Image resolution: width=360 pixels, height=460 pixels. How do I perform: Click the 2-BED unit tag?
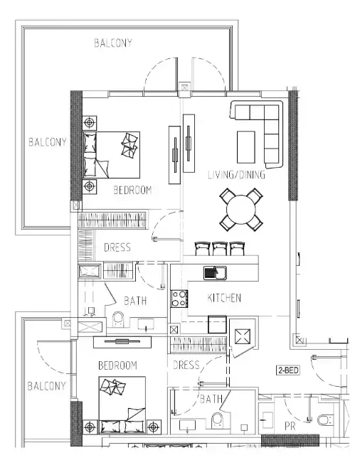(x=288, y=370)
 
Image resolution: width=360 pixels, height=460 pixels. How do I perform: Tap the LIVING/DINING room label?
(x=236, y=175)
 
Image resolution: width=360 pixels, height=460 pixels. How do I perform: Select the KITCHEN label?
(x=224, y=298)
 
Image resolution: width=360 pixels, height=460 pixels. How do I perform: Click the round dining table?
(x=240, y=210)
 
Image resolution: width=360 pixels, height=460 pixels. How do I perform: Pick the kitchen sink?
(x=215, y=272)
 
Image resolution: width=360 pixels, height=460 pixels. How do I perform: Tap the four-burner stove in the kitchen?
(x=179, y=299)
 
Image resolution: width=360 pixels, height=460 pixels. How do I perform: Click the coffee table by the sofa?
(x=245, y=147)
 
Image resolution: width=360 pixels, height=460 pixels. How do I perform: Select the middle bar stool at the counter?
(x=220, y=249)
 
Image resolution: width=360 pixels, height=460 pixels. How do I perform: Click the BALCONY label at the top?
(x=113, y=43)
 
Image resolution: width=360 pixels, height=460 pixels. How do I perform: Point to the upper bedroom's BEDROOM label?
(x=132, y=190)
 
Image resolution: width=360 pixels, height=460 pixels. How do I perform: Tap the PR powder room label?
(x=290, y=427)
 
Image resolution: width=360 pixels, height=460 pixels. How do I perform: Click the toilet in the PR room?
(x=325, y=420)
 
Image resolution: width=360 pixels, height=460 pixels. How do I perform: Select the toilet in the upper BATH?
(x=118, y=319)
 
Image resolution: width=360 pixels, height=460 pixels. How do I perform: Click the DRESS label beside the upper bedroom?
(x=117, y=247)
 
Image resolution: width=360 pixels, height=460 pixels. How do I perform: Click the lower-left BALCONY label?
(x=46, y=386)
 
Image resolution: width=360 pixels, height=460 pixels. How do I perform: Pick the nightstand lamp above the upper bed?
(x=90, y=122)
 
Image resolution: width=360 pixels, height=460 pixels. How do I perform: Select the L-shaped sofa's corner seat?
(x=271, y=112)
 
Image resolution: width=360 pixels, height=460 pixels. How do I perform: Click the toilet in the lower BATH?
(x=217, y=419)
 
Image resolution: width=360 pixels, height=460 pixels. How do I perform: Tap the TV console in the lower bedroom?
(x=122, y=342)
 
